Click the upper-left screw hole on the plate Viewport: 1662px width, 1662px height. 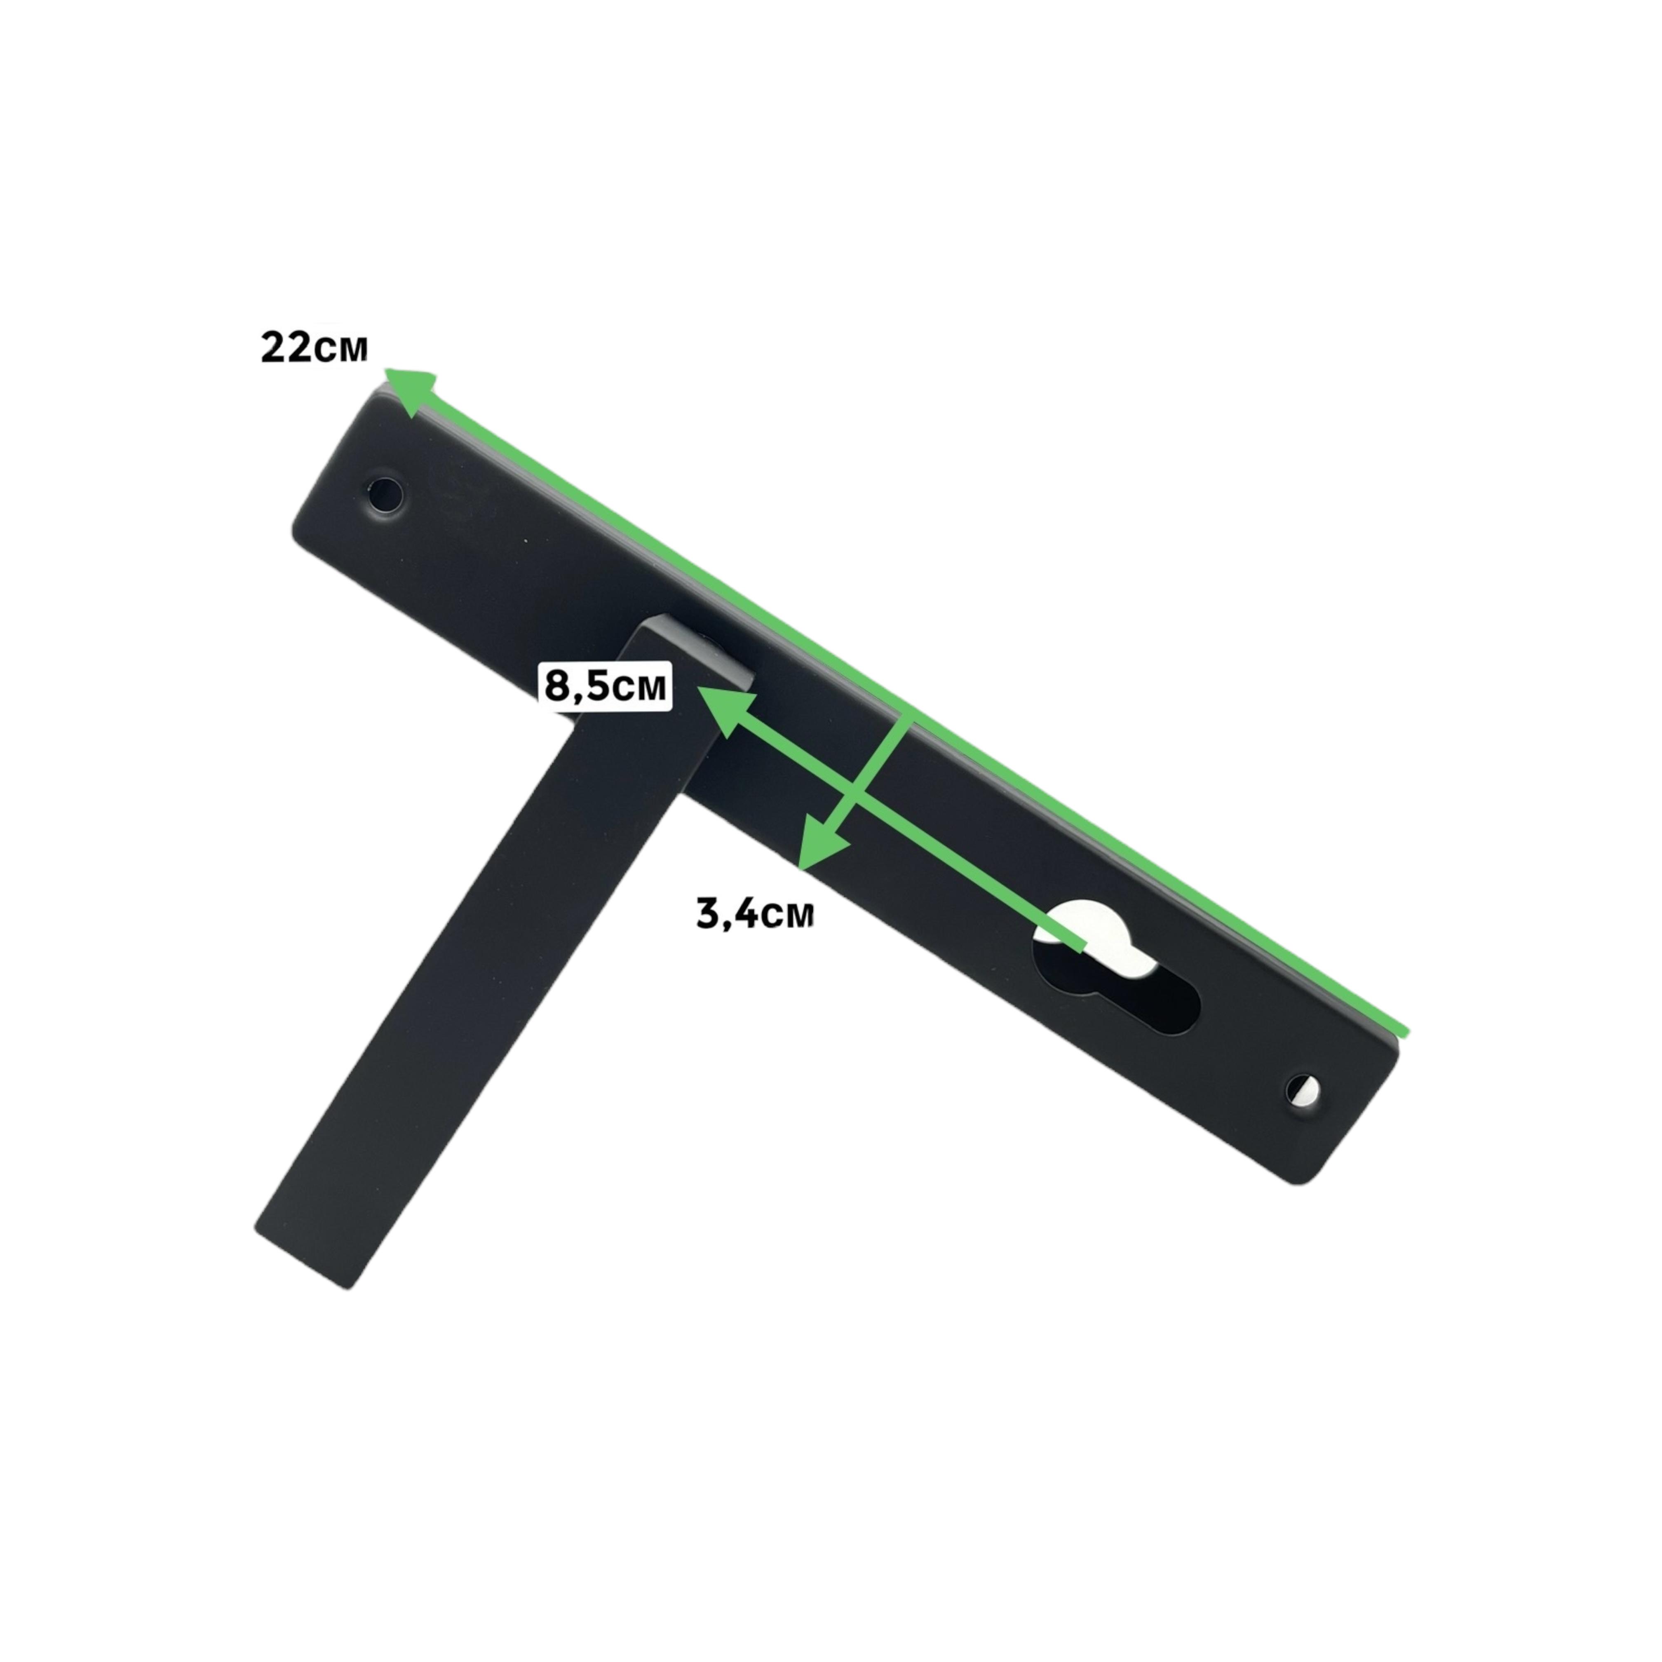click(385, 495)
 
